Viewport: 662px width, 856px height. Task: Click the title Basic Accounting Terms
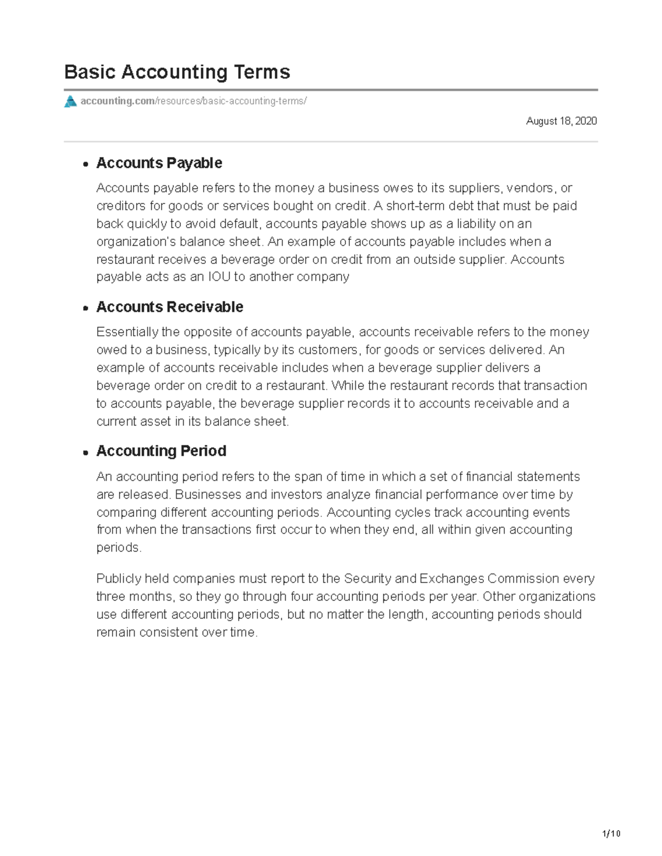[177, 72]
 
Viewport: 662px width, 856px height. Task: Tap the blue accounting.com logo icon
[70, 101]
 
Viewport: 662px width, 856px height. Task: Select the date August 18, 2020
[561, 121]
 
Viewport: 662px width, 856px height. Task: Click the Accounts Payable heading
[159, 163]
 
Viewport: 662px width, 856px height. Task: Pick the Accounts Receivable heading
[169, 307]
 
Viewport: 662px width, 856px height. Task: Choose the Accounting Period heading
[161, 451]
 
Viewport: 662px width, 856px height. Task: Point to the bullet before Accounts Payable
[86, 164]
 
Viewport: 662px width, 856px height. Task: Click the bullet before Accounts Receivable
[86, 308]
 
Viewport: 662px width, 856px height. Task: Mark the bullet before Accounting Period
[86, 452]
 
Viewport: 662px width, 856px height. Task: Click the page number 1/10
[611, 833]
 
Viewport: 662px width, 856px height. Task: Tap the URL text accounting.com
[118, 101]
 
